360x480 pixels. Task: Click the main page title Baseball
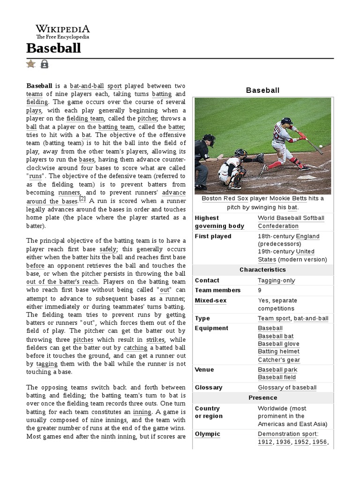pos(53,48)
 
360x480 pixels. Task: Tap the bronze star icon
pos(31,64)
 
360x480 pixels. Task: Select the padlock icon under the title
pos(44,64)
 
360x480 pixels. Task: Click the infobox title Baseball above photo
pos(262,90)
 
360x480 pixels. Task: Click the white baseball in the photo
pos(321,146)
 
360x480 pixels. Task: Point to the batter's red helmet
pos(287,121)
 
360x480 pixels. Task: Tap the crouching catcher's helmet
pos(240,153)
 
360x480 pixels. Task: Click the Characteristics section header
pos(262,270)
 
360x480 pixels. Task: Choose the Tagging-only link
pos(276,280)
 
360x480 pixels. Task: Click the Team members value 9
pos(260,290)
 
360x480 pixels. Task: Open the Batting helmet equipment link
pos(278,352)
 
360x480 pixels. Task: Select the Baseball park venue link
pos(277,369)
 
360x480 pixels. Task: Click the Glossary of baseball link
pos(287,388)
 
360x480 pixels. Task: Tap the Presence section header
pos(262,398)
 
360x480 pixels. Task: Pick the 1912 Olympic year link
pos(265,442)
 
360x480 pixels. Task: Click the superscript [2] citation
pos(82,199)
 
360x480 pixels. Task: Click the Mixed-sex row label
pos(210,300)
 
